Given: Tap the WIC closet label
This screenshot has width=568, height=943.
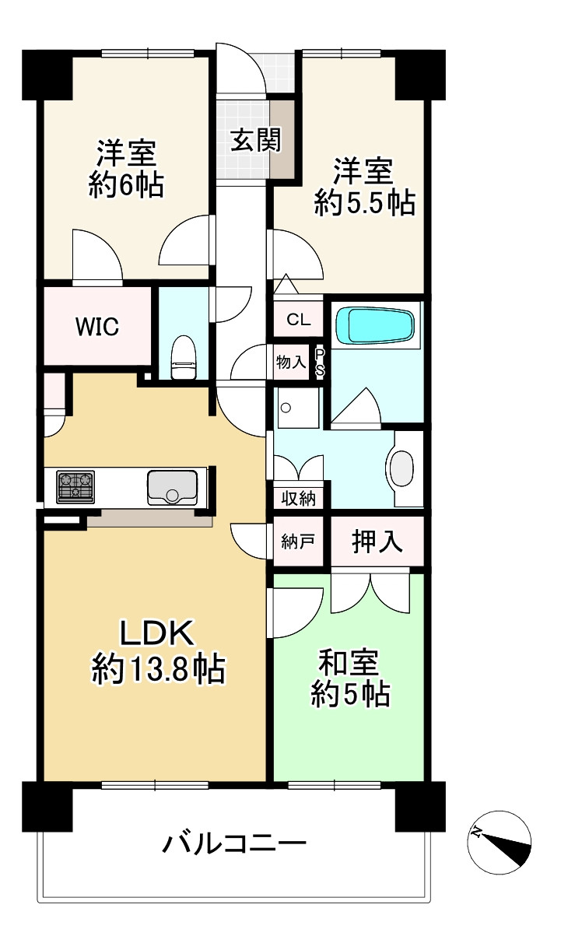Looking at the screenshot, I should (97, 327).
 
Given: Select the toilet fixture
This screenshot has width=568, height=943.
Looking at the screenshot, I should (183, 357).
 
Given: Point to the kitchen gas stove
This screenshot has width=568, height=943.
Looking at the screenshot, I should (75, 487).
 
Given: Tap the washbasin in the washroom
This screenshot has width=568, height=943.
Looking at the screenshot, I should (403, 468).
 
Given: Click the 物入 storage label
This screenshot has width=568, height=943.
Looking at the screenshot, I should (291, 363).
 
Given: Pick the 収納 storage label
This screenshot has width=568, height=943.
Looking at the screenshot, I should (298, 499).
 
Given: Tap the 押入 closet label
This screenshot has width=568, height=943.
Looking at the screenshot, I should (377, 542).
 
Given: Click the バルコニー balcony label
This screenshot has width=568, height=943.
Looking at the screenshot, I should (234, 843).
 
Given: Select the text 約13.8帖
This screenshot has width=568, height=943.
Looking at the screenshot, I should (159, 668).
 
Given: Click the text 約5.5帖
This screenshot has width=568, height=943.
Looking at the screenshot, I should (363, 204).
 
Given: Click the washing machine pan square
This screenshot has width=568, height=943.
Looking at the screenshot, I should (297, 407).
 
